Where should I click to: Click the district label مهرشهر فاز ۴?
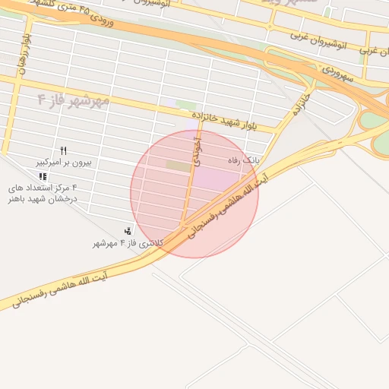tap(74, 100)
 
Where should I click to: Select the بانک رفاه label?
tap(244, 161)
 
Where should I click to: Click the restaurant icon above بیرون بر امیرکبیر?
tap(64, 150)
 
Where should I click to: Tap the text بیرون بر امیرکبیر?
tap(64, 163)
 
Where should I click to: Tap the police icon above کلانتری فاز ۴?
tap(128, 231)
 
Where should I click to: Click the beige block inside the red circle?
tap(179, 165)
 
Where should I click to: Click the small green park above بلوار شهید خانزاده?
tap(186, 105)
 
